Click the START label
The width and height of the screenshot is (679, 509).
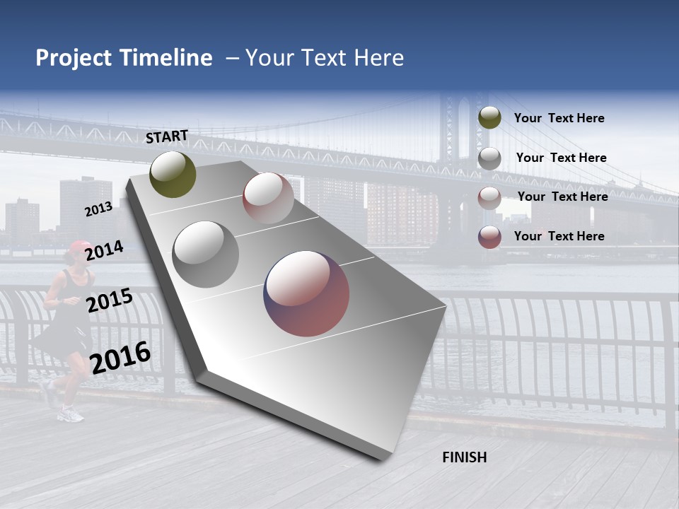[x=167, y=136]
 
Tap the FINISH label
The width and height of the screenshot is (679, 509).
[x=464, y=457]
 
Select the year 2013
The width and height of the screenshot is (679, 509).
[x=98, y=209]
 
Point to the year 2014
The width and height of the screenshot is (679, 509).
[x=105, y=251]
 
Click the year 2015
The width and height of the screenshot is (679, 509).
[x=110, y=301]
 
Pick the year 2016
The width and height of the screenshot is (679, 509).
[x=120, y=358]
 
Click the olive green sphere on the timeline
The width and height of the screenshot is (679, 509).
[x=173, y=174]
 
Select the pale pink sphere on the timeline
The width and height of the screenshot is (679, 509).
[x=268, y=198]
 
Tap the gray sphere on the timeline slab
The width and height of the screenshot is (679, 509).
[x=206, y=255]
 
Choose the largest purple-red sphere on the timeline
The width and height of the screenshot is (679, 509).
[x=307, y=293]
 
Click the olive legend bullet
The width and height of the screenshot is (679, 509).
[x=489, y=118]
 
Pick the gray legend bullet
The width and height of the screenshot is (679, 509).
[x=489, y=158]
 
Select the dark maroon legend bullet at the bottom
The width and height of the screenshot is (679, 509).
[x=489, y=237]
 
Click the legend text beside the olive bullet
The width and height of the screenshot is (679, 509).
[x=559, y=118]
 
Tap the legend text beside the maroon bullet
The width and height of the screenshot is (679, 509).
[x=559, y=236]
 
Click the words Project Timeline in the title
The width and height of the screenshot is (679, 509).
[x=124, y=58]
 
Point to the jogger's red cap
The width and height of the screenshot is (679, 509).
[x=79, y=247]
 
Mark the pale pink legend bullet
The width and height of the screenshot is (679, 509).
[x=489, y=197]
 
